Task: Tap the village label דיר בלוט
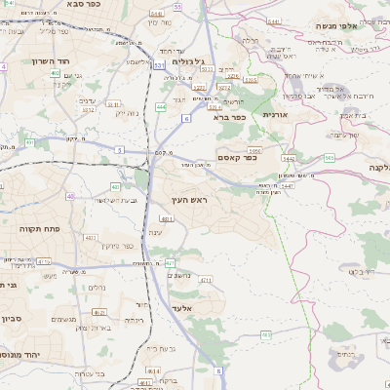pyautogui.click(x=362, y=272)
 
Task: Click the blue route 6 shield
pyautogui.click(x=185, y=118)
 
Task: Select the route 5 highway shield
pyautogui.click(x=118, y=149)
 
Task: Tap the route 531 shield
pyautogui.click(x=159, y=65)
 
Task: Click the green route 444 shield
pyautogui.click(x=161, y=107)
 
